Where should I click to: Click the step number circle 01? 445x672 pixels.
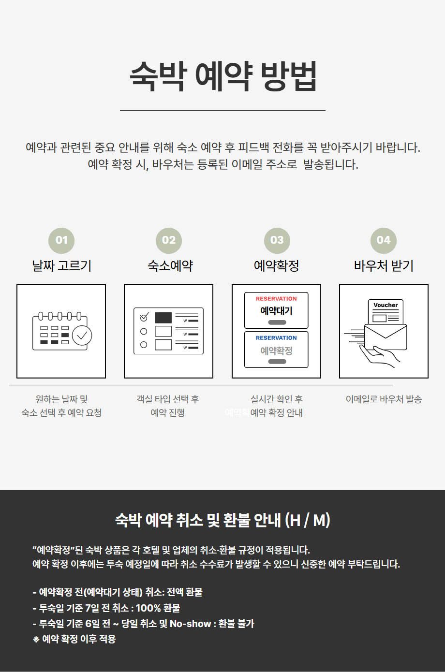[x=61, y=240]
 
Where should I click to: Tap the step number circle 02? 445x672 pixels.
[x=169, y=240]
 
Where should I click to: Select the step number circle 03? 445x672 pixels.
[x=277, y=240]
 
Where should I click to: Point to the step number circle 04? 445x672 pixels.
[x=384, y=240]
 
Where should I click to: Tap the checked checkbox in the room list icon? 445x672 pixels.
[x=144, y=317]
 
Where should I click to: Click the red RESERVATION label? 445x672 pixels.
[x=276, y=299]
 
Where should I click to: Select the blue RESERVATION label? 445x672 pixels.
[x=276, y=338]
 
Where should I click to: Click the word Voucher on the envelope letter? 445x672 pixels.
[x=386, y=305]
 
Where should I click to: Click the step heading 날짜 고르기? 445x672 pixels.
[x=61, y=266]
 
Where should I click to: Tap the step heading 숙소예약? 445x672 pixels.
[x=170, y=266]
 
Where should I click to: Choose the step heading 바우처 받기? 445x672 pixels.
[x=384, y=266]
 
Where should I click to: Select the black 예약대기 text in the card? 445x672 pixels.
[x=276, y=311]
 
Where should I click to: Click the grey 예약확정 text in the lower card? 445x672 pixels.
[x=276, y=351]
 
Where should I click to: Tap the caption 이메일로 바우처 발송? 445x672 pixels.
[x=384, y=399]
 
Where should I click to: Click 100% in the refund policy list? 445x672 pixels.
[x=148, y=608]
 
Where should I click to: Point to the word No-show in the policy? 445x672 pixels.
[x=191, y=623]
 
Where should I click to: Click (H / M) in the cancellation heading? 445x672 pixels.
[x=308, y=520]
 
